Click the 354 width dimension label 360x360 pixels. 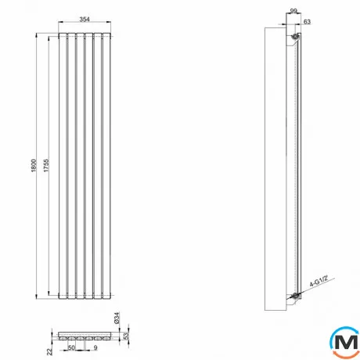[85, 19]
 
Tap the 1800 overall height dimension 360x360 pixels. [34, 165]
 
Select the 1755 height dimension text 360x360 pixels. [46, 165]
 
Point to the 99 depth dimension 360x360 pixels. [293, 11]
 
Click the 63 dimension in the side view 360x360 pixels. [307, 22]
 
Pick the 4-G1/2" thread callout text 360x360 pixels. [319, 281]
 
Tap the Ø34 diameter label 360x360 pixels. [117, 318]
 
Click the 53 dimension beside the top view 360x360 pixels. [126, 336]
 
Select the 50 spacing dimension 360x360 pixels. [71, 347]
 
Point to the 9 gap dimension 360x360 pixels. [95, 347]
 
